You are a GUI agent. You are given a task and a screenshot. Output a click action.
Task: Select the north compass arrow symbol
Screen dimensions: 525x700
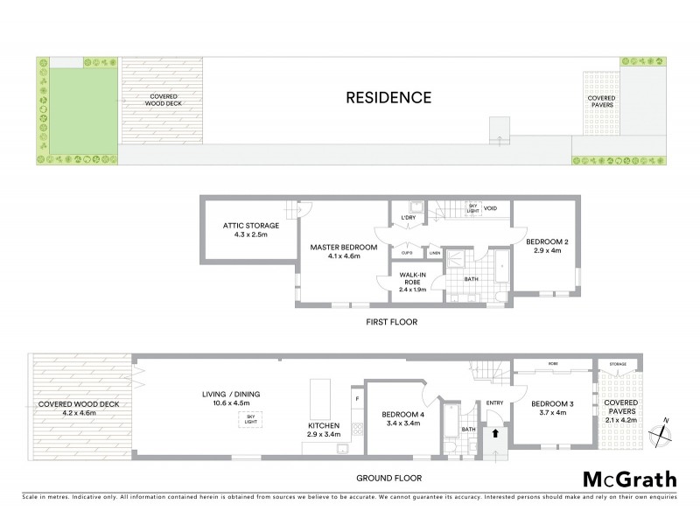666,420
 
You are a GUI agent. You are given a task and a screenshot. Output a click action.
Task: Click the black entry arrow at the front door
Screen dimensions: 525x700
498,432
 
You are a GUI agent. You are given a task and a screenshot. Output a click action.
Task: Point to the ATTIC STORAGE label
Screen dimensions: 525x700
242,230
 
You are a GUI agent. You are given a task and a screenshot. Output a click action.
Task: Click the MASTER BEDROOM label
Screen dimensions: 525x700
344,252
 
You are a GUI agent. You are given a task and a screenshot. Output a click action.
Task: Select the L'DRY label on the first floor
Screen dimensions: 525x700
408,217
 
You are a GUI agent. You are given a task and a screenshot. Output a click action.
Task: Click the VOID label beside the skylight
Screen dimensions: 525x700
491,208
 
